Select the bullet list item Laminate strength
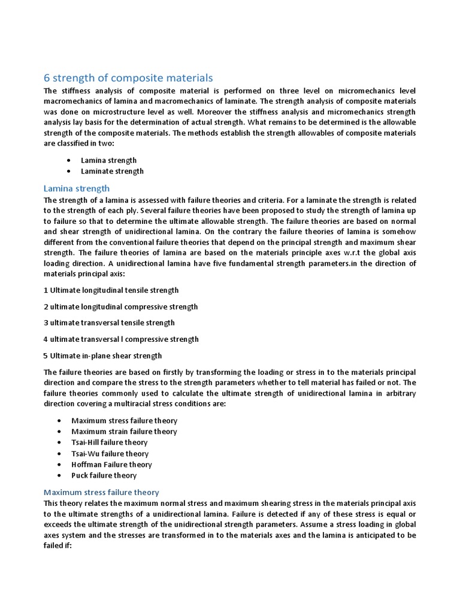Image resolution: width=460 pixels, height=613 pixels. click(x=112, y=171)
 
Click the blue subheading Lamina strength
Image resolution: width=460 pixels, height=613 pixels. click(x=77, y=188)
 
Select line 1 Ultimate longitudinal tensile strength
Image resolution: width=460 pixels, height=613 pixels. click(x=111, y=290)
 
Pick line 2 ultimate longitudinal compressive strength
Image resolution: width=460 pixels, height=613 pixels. click(x=120, y=306)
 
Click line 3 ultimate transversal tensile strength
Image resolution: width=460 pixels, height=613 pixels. click(x=110, y=323)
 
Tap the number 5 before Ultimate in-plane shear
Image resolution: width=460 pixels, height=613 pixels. click(x=46, y=356)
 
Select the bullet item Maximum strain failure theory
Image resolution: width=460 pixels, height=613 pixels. click(x=124, y=432)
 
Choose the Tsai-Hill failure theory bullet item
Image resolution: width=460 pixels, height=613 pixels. click(x=109, y=442)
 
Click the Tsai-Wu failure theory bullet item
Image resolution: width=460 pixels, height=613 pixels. click(x=110, y=454)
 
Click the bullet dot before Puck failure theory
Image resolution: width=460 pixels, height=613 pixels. click(x=59, y=475)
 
